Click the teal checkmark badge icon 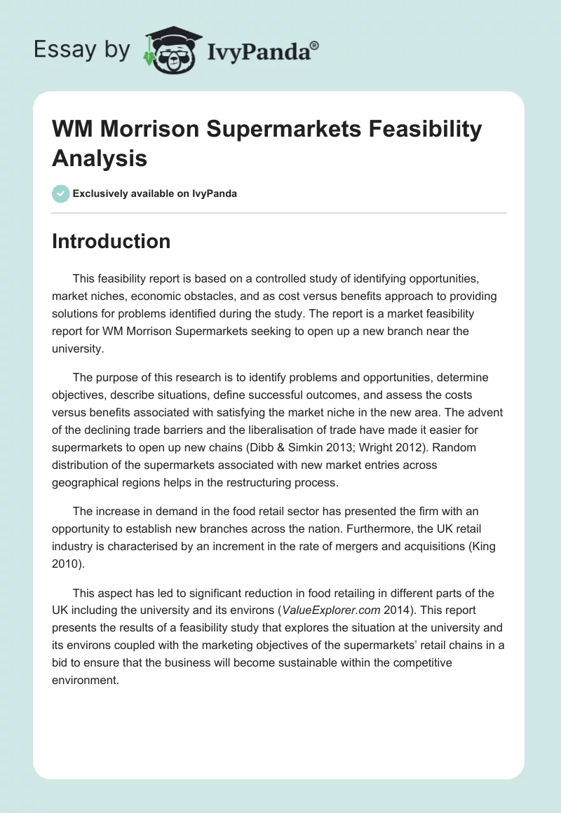click(x=61, y=193)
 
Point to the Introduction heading click(x=111, y=241)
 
